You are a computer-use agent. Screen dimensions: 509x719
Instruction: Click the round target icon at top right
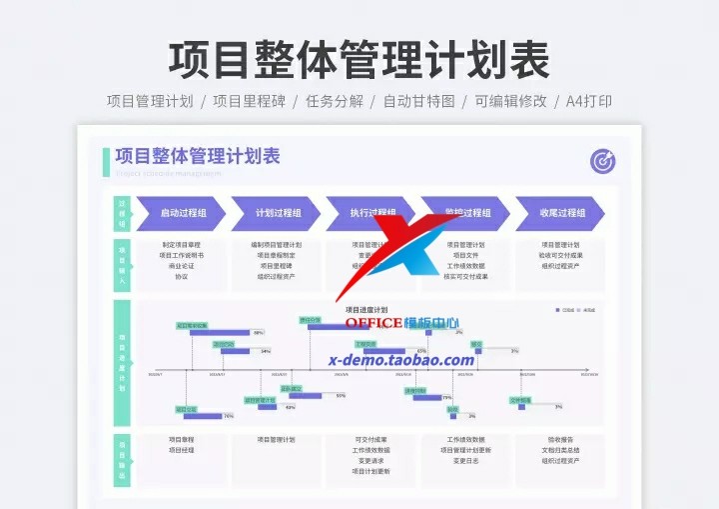(x=602, y=161)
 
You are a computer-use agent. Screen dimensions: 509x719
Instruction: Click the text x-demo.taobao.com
(x=401, y=360)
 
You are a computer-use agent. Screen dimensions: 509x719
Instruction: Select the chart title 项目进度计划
(x=366, y=310)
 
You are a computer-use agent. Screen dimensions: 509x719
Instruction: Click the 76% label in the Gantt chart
(x=229, y=416)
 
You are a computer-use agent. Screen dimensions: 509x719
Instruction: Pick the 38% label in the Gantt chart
(x=259, y=333)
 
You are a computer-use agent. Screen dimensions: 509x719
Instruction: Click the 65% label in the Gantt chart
(x=421, y=351)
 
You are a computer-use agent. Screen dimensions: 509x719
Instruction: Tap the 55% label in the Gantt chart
(x=341, y=396)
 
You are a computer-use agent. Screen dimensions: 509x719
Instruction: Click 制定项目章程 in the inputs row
(x=182, y=244)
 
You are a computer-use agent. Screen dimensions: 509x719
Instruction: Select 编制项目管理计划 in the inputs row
(x=277, y=244)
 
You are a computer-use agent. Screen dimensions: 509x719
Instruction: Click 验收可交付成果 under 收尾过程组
(x=561, y=255)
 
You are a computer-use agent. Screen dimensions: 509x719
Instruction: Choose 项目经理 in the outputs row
(x=182, y=450)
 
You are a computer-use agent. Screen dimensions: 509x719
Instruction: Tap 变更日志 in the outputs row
(x=466, y=461)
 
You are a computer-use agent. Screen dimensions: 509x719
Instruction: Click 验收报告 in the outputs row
(x=561, y=439)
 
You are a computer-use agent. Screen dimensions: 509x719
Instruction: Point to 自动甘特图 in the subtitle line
(x=419, y=101)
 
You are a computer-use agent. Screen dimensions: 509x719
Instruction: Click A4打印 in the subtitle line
(x=589, y=101)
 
